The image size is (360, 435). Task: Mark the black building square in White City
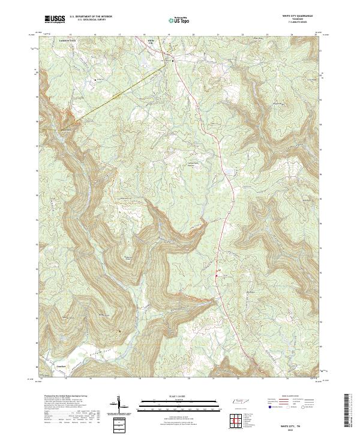[174, 61]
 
